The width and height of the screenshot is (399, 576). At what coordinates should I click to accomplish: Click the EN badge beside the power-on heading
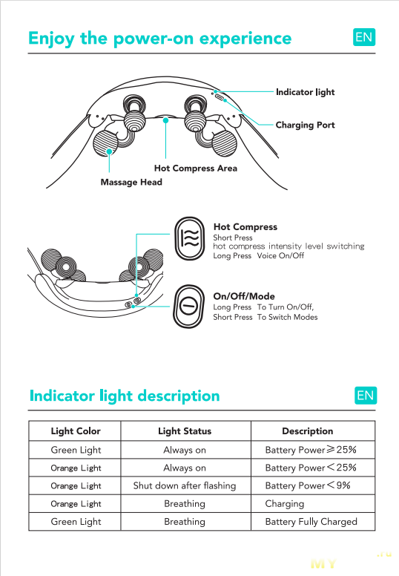coord(364,37)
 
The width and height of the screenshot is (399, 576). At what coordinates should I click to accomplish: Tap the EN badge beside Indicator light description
coord(366,396)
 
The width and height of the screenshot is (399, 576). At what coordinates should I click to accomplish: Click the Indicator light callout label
coord(306,92)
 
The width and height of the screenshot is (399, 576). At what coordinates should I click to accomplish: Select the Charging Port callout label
coord(306,125)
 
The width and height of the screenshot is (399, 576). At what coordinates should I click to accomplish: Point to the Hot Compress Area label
coord(196,168)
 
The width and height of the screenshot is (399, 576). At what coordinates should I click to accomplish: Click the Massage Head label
coord(131,182)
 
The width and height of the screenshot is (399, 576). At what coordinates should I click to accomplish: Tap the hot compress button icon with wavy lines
coord(189,238)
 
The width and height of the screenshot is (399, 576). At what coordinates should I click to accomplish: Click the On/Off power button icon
coord(189,307)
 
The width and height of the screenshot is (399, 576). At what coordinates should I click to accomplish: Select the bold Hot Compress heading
coord(245,227)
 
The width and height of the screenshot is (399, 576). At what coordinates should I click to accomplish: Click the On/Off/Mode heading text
coord(244,296)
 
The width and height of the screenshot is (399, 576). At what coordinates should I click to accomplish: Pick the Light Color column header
coord(76,431)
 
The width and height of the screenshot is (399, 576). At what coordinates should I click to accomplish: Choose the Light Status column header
coord(185,431)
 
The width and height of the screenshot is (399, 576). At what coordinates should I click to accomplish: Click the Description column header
coord(308,431)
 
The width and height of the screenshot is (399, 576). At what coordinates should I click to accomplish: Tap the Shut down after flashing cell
coord(185,485)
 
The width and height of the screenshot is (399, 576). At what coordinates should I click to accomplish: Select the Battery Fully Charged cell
coord(311,522)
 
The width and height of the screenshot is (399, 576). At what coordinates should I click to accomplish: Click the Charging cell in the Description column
coord(285,504)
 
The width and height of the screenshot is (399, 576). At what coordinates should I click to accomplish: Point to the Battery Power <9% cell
coord(308,485)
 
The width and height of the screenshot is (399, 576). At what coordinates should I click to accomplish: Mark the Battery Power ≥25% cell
coord(311,450)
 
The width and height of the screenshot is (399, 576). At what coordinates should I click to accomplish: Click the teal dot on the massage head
coord(109,151)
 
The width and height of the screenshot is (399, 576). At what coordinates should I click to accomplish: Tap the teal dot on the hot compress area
coord(166,120)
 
